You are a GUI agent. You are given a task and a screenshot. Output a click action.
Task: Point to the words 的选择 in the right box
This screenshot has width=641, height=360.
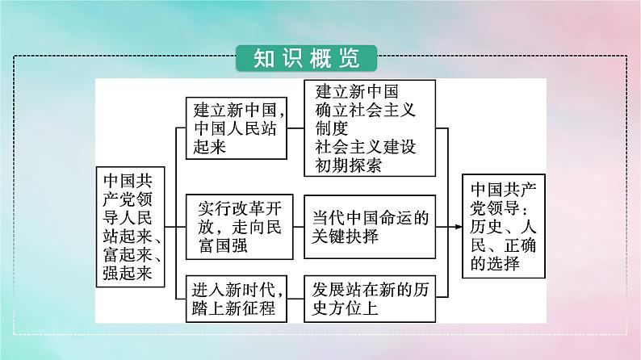tap(496, 264)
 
